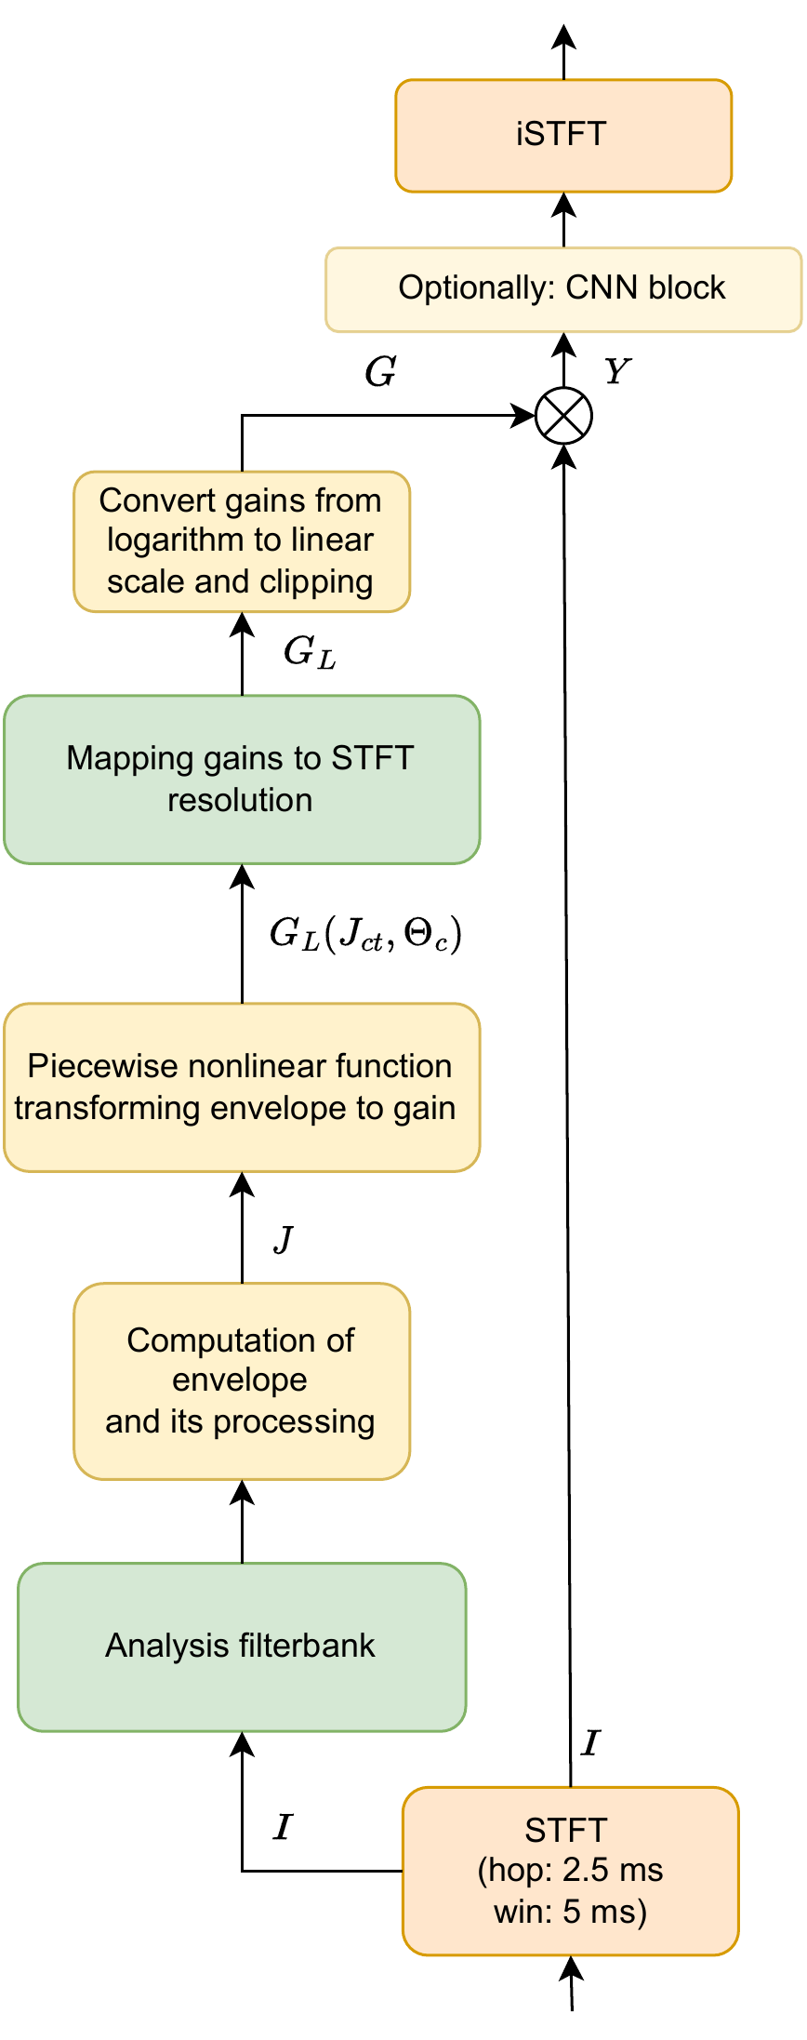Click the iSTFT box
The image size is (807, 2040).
coord(563,136)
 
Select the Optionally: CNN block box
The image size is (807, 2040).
coord(563,289)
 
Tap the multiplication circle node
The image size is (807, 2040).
coord(563,416)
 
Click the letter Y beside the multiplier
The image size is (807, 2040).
coord(616,372)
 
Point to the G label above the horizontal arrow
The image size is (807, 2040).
coord(380,373)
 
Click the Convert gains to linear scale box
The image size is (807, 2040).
coord(242,541)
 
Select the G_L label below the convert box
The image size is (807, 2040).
coord(309,653)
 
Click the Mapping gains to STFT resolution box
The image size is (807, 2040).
coord(242,780)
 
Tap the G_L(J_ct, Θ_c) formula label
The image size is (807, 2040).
coord(364,934)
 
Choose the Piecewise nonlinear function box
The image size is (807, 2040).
coord(242,1087)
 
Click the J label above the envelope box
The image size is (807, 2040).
coord(284,1239)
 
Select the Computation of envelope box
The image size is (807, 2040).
coord(242,1380)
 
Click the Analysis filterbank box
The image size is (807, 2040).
coord(242,1647)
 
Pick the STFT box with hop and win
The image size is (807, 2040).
coord(570,1871)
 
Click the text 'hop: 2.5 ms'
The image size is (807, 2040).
coord(570,1870)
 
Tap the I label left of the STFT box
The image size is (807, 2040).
coord(283,1828)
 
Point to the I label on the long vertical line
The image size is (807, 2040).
coord(589,1743)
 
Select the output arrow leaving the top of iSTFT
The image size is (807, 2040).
coord(563,51)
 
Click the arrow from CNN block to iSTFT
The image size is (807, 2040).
coord(563,220)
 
